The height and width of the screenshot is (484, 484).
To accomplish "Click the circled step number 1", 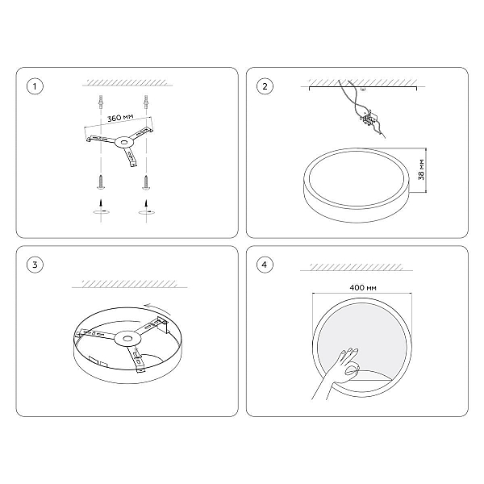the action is pyautogui.click(x=35, y=86).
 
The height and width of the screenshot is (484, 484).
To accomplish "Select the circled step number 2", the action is pyautogui.click(x=265, y=86).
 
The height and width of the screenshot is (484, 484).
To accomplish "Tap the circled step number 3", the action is pyautogui.click(x=35, y=265).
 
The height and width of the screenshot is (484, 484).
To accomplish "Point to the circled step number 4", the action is pyautogui.click(x=265, y=265).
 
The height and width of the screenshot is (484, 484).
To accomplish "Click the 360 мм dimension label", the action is pyautogui.click(x=120, y=118).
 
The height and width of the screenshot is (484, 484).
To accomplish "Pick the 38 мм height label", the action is pyautogui.click(x=421, y=169).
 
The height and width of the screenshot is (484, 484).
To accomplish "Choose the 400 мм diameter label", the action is pyautogui.click(x=363, y=288).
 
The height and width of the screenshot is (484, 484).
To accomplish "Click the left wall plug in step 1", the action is pyautogui.click(x=100, y=102).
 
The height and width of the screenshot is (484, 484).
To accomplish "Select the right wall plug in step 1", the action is pyautogui.click(x=146, y=102).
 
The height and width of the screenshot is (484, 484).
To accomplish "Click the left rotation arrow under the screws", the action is pyautogui.click(x=101, y=211).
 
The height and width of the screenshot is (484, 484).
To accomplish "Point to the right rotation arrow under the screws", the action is pyautogui.click(x=147, y=211).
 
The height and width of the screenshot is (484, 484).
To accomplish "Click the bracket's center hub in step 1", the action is pyautogui.click(x=123, y=142).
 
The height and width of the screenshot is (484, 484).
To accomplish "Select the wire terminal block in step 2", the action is pyautogui.click(x=369, y=119).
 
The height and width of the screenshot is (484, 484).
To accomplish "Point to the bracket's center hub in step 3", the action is pyautogui.click(x=127, y=339).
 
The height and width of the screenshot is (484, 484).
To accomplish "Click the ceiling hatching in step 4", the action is pyautogui.click(x=357, y=267).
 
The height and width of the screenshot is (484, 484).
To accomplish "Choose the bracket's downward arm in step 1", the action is pyautogui.click(x=129, y=156).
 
